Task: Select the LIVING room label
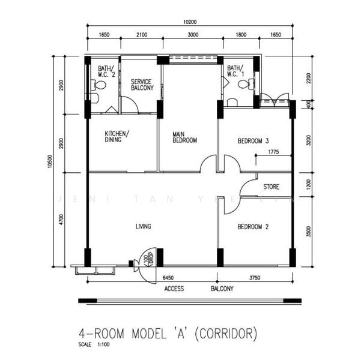click(143, 226)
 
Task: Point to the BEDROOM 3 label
click(253, 142)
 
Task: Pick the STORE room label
click(271, 187)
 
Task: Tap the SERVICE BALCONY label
click(142, 85)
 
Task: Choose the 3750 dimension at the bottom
click(255, 278)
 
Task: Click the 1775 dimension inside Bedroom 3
click(275, 152)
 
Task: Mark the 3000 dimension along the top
click(193, 35)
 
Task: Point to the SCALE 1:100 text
click(94, 345)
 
